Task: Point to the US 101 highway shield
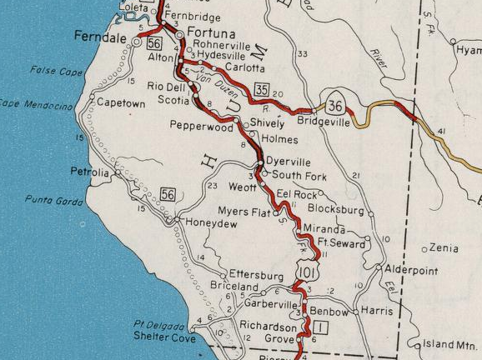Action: [x=305, y=269]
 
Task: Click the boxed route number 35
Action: [x=263, y=90]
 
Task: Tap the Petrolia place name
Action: [x=90, y=172]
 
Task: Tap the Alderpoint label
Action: [x=411, y=270]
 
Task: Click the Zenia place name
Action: [x=445, y=248]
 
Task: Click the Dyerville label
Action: [x=289, y=162]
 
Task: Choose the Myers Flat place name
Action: [x=244, y=212]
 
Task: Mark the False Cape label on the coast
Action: [x=58, y=72]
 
